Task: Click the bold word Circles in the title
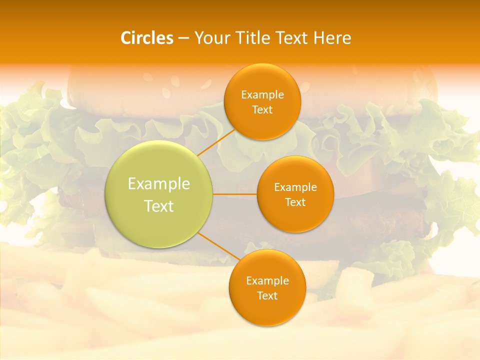pyautogui.click(x=147, y=38)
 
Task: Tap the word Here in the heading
pyautogui.click(x=332, y=38)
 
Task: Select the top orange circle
pyautogui.click(x=262, y=125)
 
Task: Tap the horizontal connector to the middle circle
pyautogui.click(x=235, y=194)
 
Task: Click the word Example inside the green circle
pyautogui.click(x=159, y=184)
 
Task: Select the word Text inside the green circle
pyautogui.click(x=159, y=206)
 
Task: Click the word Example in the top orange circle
pyautogui.click(x=262, y=95)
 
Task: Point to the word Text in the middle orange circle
pyautogui.click(x=295, y=202)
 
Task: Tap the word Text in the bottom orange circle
pyautogui.click(x=267, y=296)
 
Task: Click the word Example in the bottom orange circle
pyautogui.click(x=267, y=281)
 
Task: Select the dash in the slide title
pyautogui.click(x=183, y=38)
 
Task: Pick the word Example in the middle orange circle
pyautogui.click(x=295, y=187)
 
